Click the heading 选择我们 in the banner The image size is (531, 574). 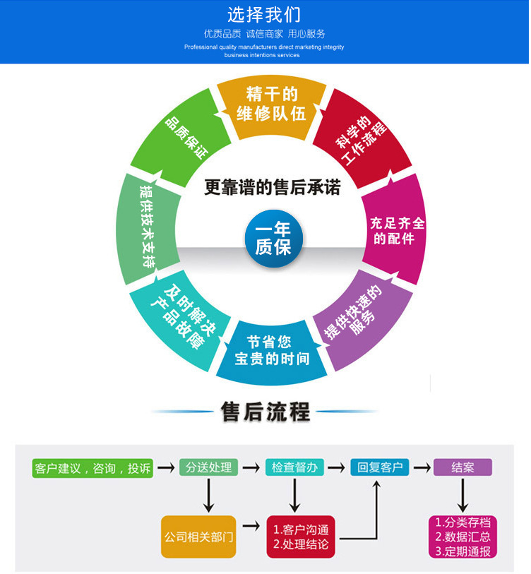tap(264, 15)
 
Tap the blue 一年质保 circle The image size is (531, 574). tap(273, 239)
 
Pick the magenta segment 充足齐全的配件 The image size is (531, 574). tap(395, 229)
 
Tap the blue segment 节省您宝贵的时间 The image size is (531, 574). tap(271, 352)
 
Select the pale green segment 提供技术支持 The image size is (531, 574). tap(147, 229)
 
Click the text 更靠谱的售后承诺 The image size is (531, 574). tap(272, 187)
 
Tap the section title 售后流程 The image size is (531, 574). tap(265, 412)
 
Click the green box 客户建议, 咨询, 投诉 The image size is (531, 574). tap(93, 468)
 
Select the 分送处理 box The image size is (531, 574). tap(209, 467)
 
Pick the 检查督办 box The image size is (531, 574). tap(294, 467)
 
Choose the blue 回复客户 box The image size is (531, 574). tap(380, 467)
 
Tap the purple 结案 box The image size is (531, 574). tap(463, 467)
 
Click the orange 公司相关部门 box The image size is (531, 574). tap(198, 537)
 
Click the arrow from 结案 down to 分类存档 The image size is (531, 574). tap(463, 496)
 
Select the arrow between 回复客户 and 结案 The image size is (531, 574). tap(422, 467)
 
